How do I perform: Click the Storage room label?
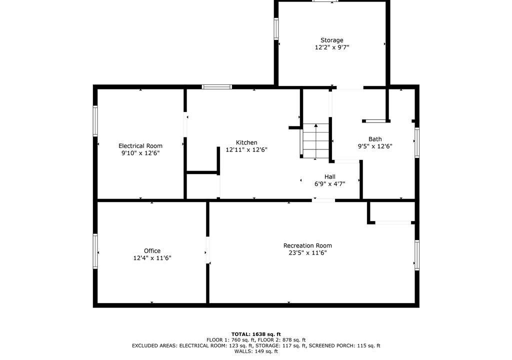tap(332, 40)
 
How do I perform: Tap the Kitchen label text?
tap(246, 142)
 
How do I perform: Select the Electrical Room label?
tap(140, 145)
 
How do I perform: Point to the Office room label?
tap(152, 251)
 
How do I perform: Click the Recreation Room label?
tap(307, 245)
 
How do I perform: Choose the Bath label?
tap(375, 139)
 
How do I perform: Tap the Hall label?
tap(330, 176)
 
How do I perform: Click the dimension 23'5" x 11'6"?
tap(307, 253)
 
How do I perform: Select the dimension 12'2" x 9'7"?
tap(332, 47)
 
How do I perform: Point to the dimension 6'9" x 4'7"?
tap(330, 184)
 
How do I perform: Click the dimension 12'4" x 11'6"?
tap(152, 258)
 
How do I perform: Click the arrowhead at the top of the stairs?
tap(316, 125)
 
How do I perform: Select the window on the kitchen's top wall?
tap(217, 87)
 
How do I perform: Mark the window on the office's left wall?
tap(95, 251)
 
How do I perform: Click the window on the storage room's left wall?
tap(276, 29)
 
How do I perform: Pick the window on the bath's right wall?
tap(417, 143)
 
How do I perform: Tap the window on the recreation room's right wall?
tap(417, 255)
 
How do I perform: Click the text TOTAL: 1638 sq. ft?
tap(256, 334)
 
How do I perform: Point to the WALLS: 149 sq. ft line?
tap(256, 351)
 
